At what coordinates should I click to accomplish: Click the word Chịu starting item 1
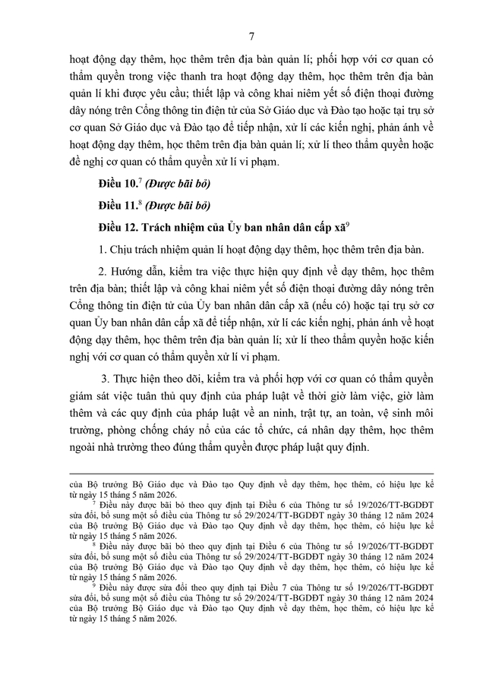point(124,249)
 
